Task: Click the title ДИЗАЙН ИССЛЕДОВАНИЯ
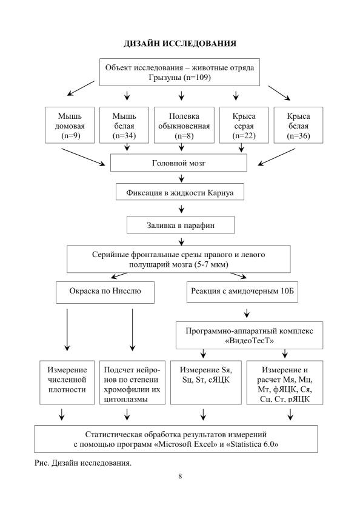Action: (180, 44)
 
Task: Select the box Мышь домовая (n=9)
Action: (70, 125)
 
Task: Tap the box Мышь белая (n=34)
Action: (124, 125)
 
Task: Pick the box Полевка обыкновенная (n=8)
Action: (184, 125)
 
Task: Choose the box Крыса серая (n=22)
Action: (244, 125)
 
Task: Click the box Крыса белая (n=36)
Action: (299, 125)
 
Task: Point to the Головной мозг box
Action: (179, 163)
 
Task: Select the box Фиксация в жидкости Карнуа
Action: (180, 192)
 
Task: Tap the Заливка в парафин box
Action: (181, 226)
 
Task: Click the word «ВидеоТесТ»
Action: (250, 341)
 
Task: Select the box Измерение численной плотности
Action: (67, 383)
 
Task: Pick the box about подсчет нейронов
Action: (132, 383)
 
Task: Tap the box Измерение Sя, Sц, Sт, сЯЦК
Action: (206, 383)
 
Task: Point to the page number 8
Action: (180, 476)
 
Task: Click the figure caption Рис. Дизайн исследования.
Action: (83, 463)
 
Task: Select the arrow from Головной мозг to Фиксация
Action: (181, 178)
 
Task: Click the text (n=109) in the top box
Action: (197, 78)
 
